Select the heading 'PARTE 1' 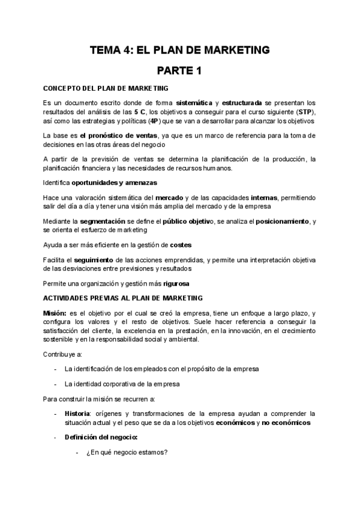click(x=179, y=71)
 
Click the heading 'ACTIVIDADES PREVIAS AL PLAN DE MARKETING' click(x=123, y=298)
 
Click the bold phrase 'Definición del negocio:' click(x=101, y=438)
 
